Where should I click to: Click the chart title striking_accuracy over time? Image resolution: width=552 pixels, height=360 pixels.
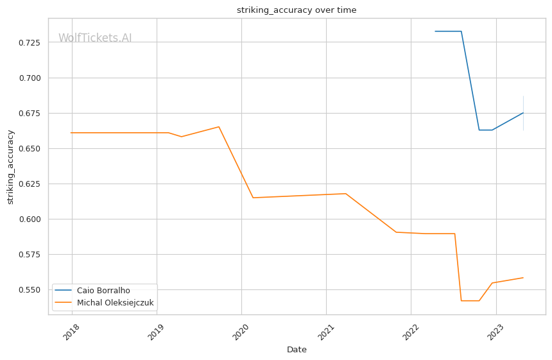click(x=297, y=10)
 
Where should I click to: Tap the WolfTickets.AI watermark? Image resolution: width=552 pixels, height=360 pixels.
click(x=95, y=38)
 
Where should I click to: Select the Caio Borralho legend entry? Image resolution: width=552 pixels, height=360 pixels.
click(x=103, y=291)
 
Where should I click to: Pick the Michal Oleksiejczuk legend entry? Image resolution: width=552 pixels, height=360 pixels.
click(x=115, y=303)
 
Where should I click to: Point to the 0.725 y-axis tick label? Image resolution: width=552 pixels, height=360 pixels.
click(x=29, y=43)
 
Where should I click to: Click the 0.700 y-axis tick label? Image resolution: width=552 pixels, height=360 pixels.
click(x=29, y=78)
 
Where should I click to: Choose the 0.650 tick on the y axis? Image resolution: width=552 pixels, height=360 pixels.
click(x=29, y=149)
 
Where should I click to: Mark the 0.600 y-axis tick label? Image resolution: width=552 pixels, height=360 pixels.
click(x=29, y=219)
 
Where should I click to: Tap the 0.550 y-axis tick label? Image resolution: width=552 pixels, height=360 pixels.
click(x=29, y=290)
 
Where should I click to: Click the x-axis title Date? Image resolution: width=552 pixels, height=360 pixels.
click(x=297, y=350)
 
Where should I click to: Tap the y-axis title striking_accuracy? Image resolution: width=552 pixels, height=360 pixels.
click(x=10, y=167)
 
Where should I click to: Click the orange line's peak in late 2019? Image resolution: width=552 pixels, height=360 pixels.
click(x=219, y=126)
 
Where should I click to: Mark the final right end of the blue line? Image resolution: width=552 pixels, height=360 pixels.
click(x=523, y=113)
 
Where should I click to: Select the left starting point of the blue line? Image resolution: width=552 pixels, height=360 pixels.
click(x=435, y=31)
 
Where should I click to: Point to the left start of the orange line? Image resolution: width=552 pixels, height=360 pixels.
click(x=71, y=133)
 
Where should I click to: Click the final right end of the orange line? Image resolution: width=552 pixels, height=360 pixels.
click(x=523, y=278)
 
